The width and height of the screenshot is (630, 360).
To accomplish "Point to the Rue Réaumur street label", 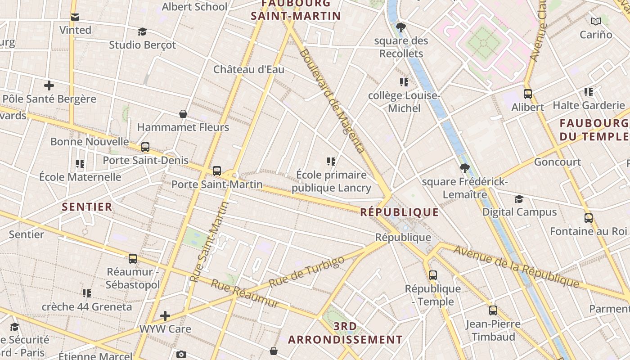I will point(245,293).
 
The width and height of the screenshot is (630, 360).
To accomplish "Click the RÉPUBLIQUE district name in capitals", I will point(399,212).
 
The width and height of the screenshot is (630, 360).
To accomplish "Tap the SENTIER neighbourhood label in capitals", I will point(87,207).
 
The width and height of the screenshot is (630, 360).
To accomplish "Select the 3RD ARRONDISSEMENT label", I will point(345,333).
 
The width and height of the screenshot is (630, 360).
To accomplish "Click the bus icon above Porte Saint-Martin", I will point(217,171).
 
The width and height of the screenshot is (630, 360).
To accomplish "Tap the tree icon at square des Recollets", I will point(400,28).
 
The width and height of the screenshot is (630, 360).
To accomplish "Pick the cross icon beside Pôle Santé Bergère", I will point(49,85).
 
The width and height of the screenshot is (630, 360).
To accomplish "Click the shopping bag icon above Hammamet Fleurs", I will point(183,114).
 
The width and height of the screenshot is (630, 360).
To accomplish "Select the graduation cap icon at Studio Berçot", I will point(143,31).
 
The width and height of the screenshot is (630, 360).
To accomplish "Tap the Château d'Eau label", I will point(248,69).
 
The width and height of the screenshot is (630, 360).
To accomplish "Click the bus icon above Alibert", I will point(527,94).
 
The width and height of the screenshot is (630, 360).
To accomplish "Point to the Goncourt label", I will point(557,162).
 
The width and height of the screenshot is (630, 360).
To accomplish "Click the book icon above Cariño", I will point(595,21).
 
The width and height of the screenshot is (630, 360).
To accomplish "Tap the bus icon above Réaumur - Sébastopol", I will point(132,259).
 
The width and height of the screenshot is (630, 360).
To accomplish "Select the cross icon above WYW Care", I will point(165,315).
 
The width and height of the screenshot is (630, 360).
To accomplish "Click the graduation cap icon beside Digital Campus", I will point(519,199).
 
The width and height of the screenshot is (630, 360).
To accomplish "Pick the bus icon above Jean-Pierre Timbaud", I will point(493,310).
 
